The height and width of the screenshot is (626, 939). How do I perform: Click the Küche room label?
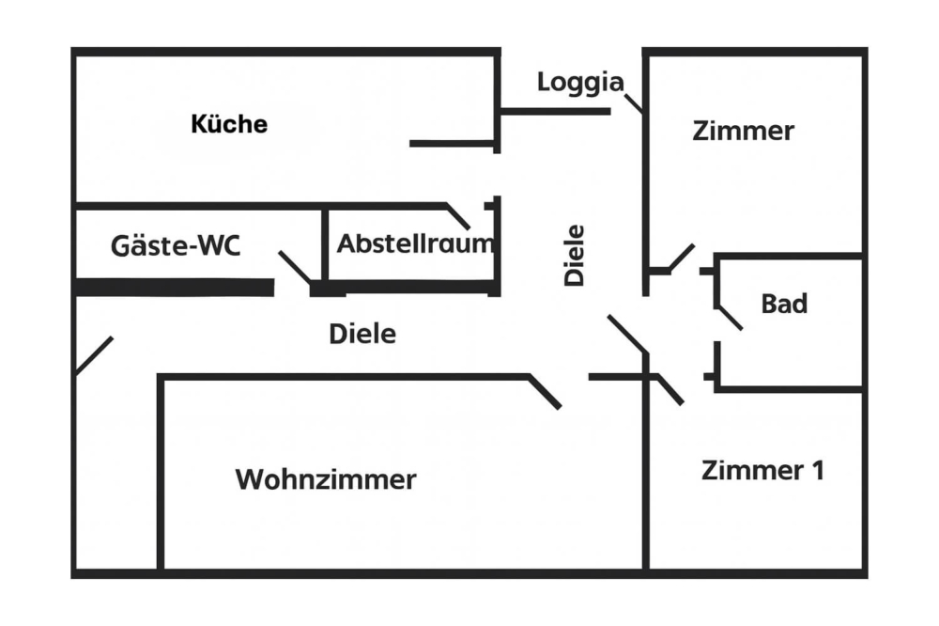coord(229,124)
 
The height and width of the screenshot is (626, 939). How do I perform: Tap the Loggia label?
coord(579,83)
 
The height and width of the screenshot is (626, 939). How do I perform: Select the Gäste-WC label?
coord(176,246)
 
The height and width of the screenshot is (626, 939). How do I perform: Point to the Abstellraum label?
coord(415,243)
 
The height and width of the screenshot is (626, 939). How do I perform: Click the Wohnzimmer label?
coord(325,479)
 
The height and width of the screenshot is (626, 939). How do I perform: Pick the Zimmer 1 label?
coord(762,471)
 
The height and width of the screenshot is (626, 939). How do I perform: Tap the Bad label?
coord(784,305)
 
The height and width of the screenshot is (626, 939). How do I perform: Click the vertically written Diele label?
coord(574,255)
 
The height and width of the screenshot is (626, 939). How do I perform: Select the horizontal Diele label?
coord(362,334)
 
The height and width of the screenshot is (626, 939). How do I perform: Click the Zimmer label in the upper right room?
coord(743,132)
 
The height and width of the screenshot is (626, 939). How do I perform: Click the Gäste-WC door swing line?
coord(295,267)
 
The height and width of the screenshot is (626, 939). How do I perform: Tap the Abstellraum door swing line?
coord(458,216)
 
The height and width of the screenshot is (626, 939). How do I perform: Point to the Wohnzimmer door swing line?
coord(546,392)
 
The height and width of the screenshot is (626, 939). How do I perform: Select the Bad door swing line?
coord(730,318)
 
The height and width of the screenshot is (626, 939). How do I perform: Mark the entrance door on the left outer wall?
coord(94,355)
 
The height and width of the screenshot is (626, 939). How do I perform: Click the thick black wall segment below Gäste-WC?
coord(175,287)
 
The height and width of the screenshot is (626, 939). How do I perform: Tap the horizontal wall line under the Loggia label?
coord(555,112)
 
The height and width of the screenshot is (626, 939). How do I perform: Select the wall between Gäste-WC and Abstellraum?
coord(324,244)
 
